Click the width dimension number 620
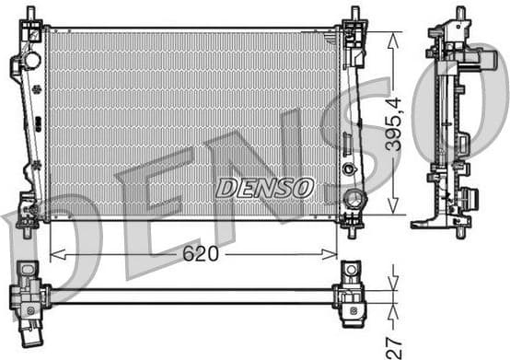(x=199, y=254)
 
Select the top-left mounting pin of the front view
(x=31, y=16)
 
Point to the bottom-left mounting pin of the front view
(x=27, y=228)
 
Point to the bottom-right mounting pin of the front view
(x=352, y=229)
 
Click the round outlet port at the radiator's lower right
(x=354, y=199)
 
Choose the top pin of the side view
(x=460, y=13)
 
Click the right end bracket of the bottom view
(x=353, y=293)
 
